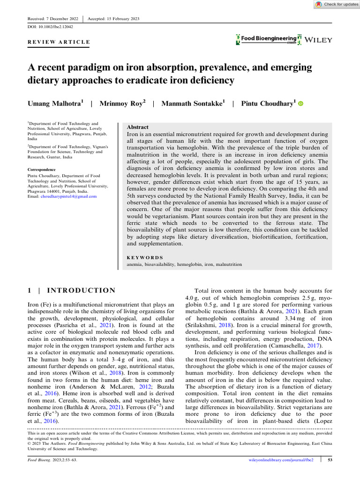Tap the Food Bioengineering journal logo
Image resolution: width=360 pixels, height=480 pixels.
pyautogui.click(x=268, y=39)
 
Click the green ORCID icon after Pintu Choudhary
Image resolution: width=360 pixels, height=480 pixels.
pyautogui.click(x=301, y=104)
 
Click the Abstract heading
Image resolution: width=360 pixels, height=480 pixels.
pyautogui.click(x=138, y=127)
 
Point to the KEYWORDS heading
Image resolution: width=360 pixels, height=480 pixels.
pyautogui.click(x=145, y=257)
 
